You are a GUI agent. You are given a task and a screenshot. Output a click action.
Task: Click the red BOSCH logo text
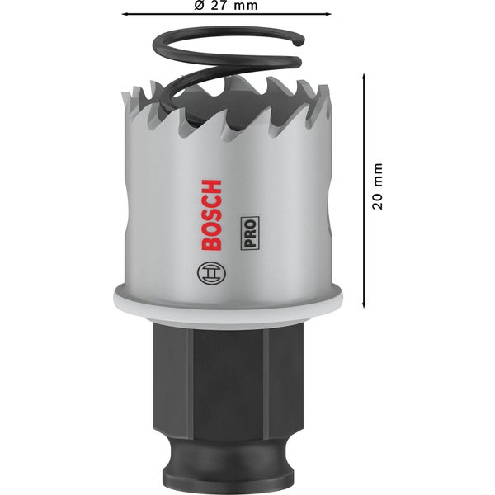[211, 214]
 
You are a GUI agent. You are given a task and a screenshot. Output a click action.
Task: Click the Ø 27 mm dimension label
[226, 6]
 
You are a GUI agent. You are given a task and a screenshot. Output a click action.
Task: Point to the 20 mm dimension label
[378, 185]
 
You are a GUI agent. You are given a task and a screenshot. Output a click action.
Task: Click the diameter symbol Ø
[200, 6]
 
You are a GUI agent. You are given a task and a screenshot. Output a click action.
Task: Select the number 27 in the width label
[219, 6]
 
